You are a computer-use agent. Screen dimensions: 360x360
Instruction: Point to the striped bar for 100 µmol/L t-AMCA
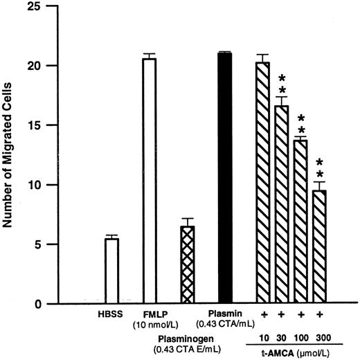click(x=300, y=222)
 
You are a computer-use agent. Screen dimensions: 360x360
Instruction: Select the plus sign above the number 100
click(x=300, y=314)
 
